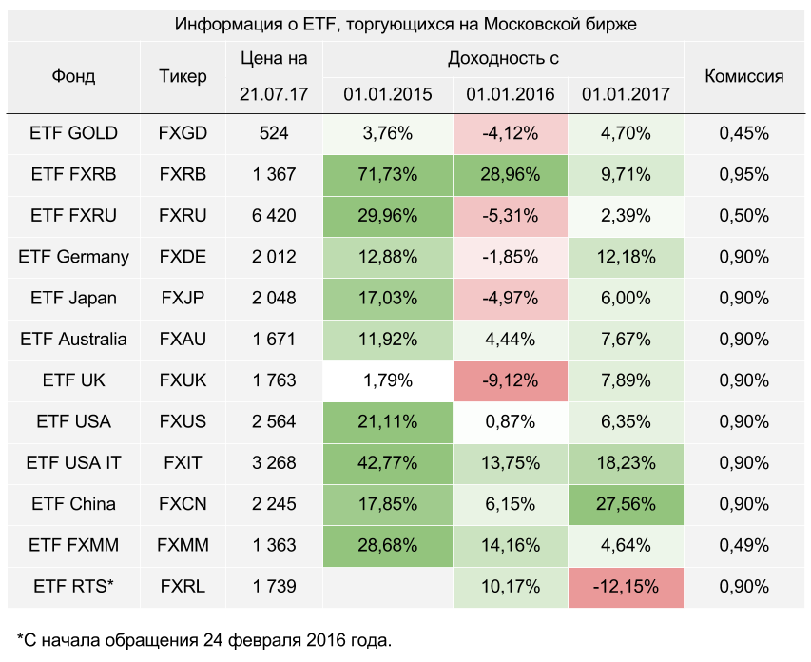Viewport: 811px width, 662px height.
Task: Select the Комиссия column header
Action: pos(743,76)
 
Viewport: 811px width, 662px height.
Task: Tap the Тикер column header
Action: pos(183,76)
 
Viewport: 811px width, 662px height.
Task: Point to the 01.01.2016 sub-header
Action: pos(511,94)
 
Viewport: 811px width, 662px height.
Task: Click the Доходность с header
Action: pos(503,59)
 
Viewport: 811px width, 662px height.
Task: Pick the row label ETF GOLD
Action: pos(74,133)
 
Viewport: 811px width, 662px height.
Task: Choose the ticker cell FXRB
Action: pos(183,174)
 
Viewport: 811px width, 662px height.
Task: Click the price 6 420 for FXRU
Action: pos(274,216)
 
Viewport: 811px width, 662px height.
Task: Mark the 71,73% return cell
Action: pos(388,174)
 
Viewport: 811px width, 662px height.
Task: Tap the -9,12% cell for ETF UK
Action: pos(511,380)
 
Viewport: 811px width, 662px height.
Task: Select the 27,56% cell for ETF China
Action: pos(626,504)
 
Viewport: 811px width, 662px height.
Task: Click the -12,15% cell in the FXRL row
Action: pos(626,587)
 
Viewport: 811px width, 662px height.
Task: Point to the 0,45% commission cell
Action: pos(743,133)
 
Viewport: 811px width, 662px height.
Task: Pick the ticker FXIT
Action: pos(183,463)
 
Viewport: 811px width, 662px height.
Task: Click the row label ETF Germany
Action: pos(74,257)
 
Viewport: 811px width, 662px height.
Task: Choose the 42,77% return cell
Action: pos(388,463)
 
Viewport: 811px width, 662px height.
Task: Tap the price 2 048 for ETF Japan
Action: pos(274,298)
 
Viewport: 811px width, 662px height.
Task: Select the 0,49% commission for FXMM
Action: pos(743,545)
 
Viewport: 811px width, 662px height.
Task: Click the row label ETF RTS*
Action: pos(74,587)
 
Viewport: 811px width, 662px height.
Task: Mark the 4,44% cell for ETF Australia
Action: pos(511,340)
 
